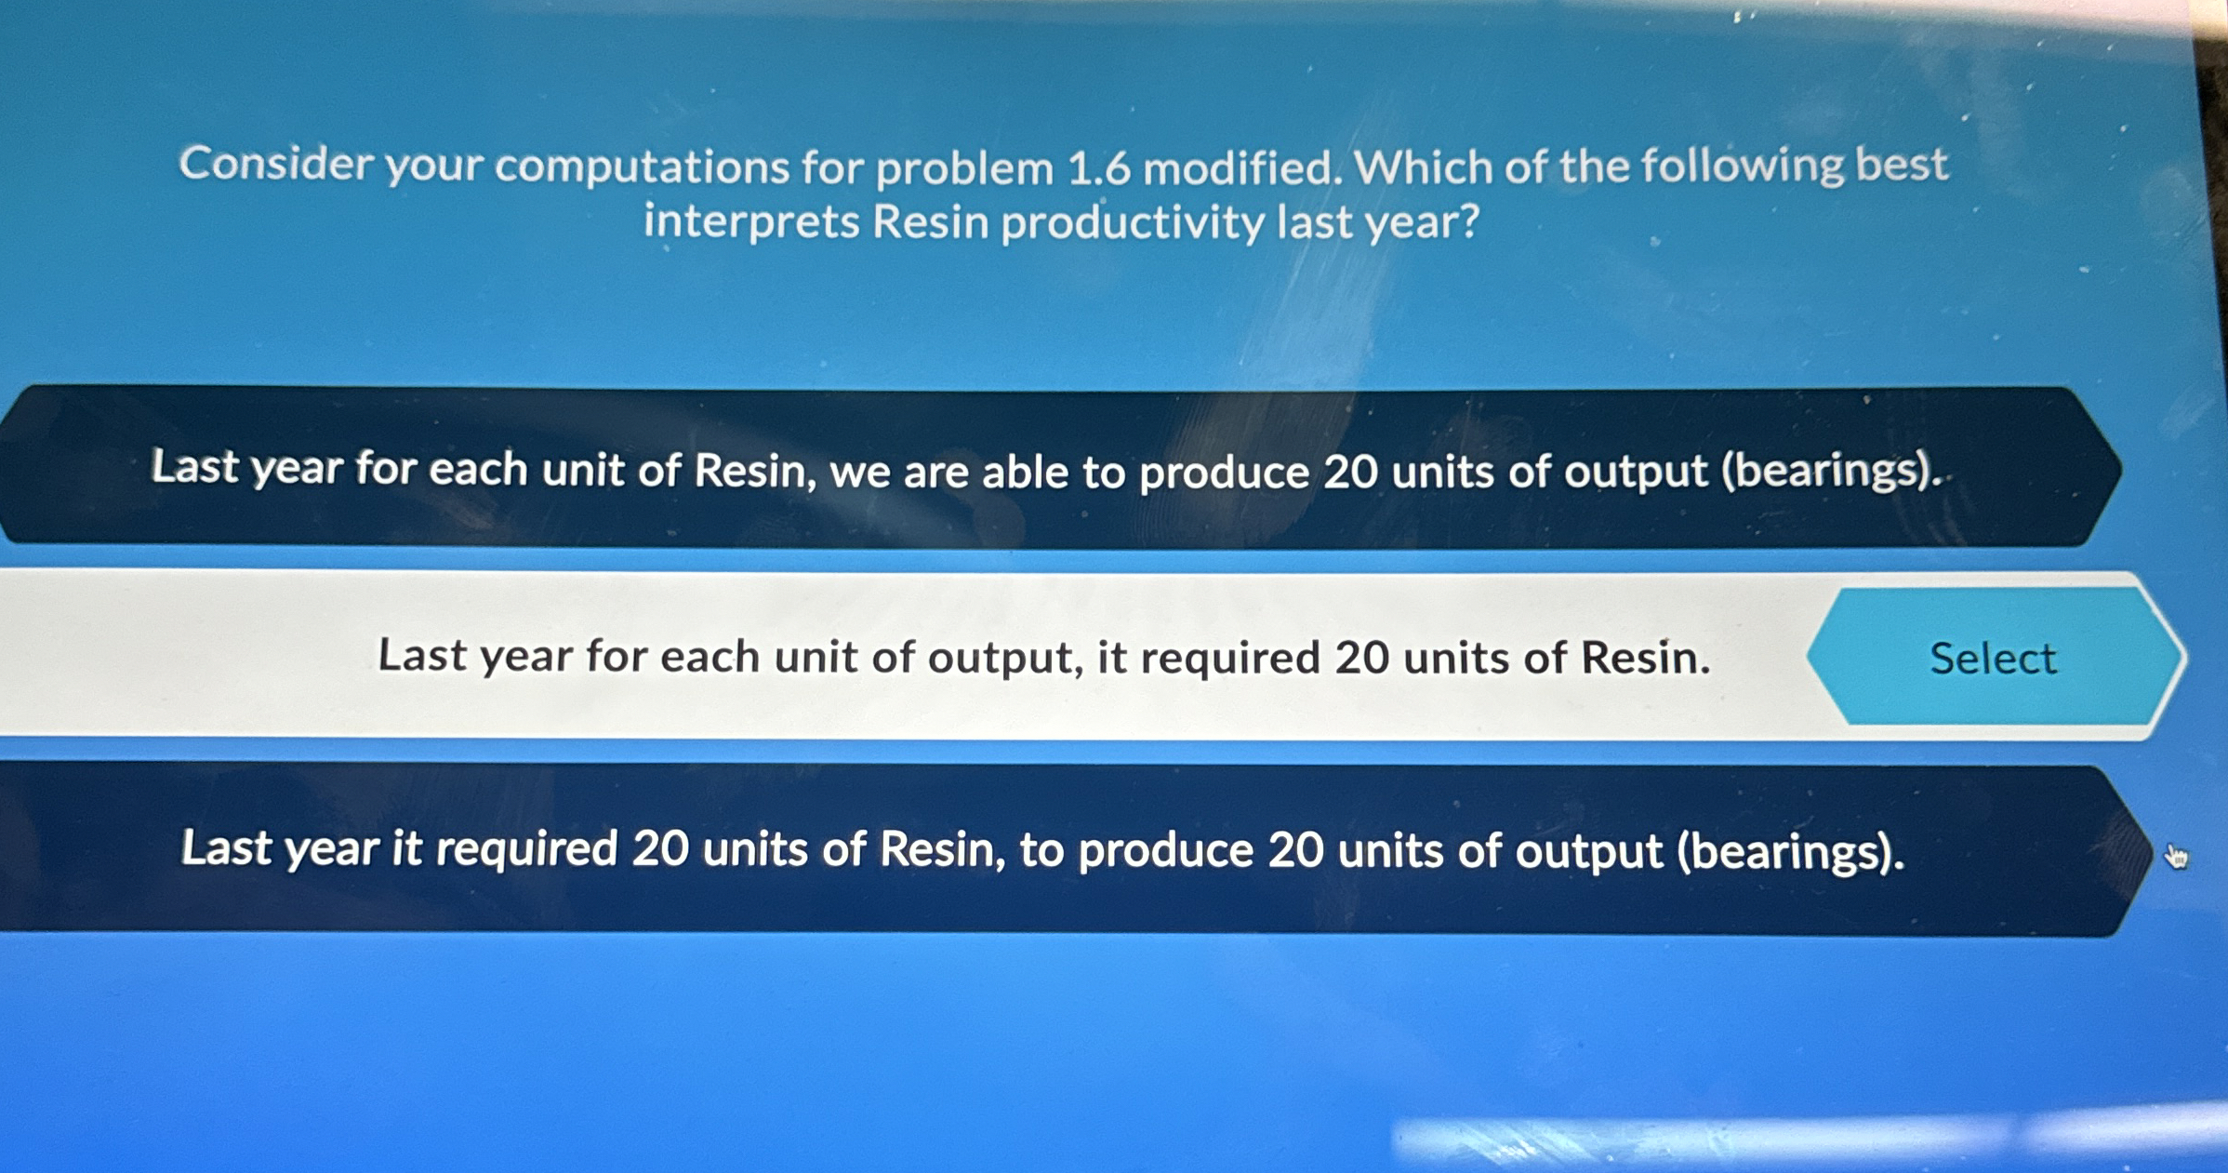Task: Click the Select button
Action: pos(1993,658)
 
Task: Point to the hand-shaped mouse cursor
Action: pos(2176,856)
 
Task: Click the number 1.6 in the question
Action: pos(1099,168)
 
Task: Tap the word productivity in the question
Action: pos(1133,223)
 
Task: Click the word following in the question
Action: pos(1742,166)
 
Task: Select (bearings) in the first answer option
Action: pos(1831,471)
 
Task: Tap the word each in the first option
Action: pos(478,469)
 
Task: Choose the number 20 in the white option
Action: pos(1362,659)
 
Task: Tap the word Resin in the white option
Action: pos(1645,659)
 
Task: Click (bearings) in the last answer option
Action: pos(1789,852)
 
